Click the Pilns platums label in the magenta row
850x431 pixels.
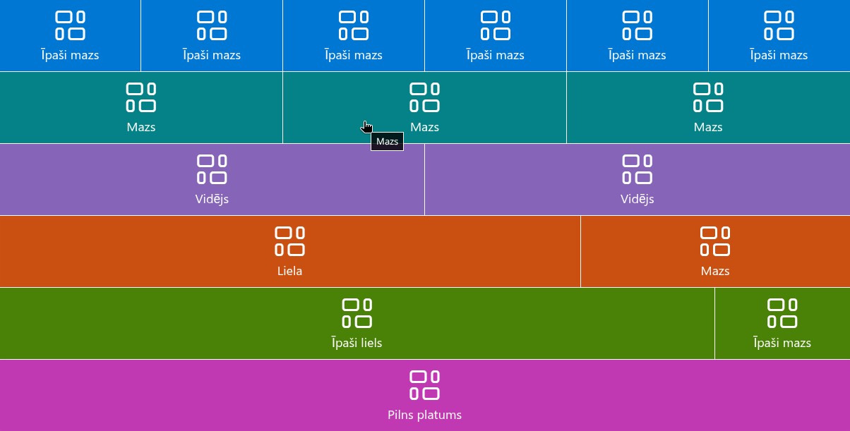[424, 415]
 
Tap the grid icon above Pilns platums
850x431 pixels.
[424, 385]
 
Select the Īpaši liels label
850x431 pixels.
[357, 343]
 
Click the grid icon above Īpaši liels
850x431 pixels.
[357, 313]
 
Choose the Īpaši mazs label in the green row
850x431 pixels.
[782, 343]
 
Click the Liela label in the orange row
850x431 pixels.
[289, 271]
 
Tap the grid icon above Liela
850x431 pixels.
[289, 241]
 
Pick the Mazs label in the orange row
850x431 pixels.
[715, 271]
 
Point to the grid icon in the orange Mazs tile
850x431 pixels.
[715, 241]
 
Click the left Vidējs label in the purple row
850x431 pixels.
[212, 199]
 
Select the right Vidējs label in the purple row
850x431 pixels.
[637, 199]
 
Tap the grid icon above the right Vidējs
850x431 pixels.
[637, 169]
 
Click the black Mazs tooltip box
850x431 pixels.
[387, 141]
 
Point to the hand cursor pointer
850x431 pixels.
[366, 127]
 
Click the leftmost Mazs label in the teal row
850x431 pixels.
[140, 127]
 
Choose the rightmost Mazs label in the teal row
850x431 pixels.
[708, 127]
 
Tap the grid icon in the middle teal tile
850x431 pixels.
[424, 97]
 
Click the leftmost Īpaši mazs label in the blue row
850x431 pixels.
[70, 55]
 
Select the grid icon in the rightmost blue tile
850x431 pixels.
[779, 25]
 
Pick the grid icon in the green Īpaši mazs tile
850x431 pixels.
[782, 313]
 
